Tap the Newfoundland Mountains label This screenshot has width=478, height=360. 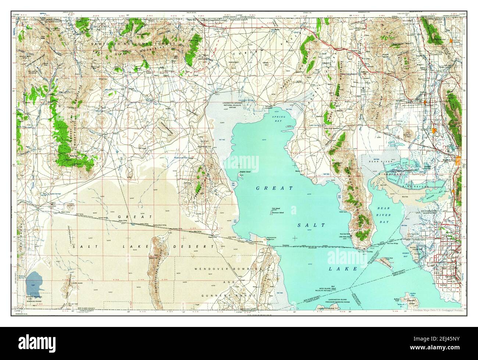(x=156, y=263)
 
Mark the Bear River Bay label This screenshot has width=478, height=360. (x=386, y=212)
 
